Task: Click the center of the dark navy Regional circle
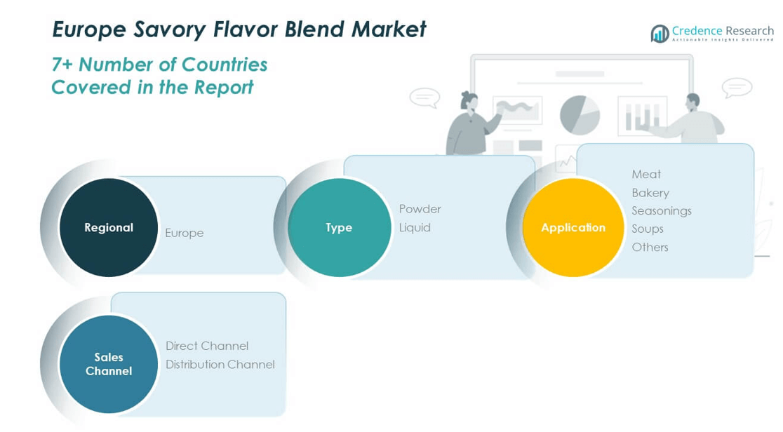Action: click(x=109, y=227)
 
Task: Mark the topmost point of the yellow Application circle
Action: click(x=573, y=178)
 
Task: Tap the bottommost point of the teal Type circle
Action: click(x=340, y=277)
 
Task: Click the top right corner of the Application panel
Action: click(x=754, y=144)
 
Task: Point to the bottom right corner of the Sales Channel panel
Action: click(x=286, y=416)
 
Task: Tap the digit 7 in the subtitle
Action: click(x=57, y=65)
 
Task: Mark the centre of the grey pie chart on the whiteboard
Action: click(x=580, y=116)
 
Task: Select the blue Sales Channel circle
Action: click(x=109, y=364)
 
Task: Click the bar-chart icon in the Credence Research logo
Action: click(x=660, y=34)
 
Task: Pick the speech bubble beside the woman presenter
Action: click(x=425, y=97)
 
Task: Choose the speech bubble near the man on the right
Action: click(x=737, y=88)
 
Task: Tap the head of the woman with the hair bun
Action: click(x=469, y=101)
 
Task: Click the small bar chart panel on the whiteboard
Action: click(x=642, y=116)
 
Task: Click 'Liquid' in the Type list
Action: click(x=415, y=227)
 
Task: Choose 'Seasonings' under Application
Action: click(x=662, y=211)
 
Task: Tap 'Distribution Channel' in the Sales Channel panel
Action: click(x=220, y=365)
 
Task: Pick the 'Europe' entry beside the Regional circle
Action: click(x=185, y=233)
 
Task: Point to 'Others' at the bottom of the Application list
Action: click(x=650, y=247)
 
